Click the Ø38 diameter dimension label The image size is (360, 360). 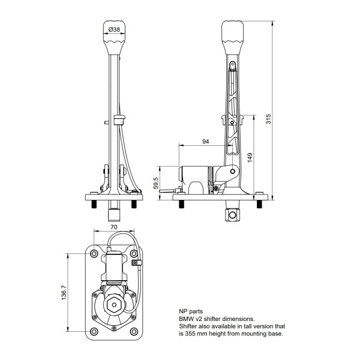tap(114, 29)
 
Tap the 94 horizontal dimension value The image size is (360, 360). tap(206, 142)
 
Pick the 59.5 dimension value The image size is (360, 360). tap(156, 183)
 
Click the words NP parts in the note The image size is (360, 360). tap(191, 311)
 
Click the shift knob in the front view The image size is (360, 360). tap(114, 36)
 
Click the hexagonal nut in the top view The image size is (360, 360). tap(114, 305)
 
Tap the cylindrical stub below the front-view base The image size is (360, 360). tap(114, 213)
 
